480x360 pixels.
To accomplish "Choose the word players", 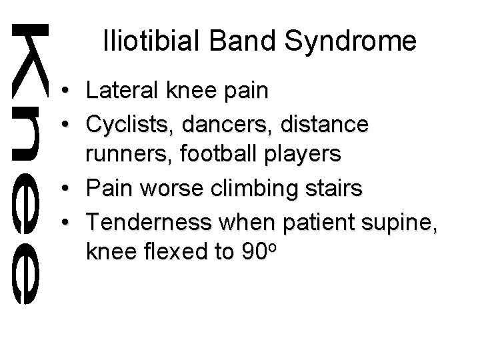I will pyautogui.click(x=301, y=154).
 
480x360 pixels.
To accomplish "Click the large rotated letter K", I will pyautogui.click(x=30, y=58).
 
